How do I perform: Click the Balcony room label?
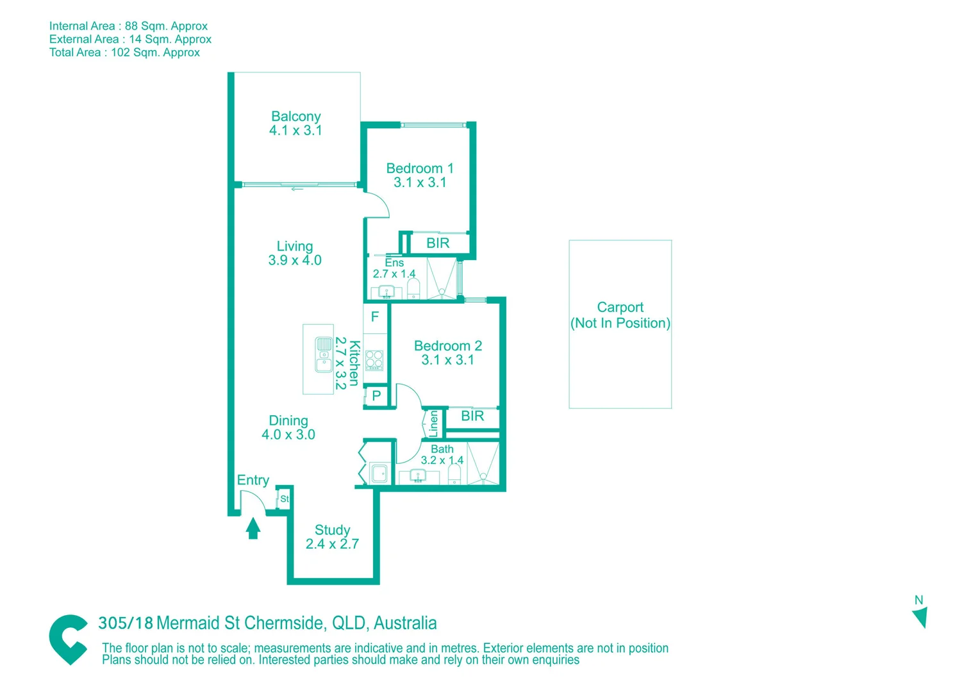coord(295,116)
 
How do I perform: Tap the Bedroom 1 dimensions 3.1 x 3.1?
coord(420,183)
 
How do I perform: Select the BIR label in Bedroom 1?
coord(438,243)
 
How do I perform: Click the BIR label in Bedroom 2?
coord(472,416)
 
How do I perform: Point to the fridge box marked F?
coord(375,317)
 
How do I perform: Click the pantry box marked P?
coord(376,396)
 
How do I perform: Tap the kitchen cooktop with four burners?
coord(374,361)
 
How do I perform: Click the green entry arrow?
coord(253,528)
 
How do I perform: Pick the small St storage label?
coord(284,499)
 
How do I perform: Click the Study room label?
coord(332,530)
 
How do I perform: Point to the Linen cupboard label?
coord(433,424)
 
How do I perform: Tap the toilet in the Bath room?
coord(454,475)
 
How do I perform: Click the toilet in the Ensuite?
coord(413,288)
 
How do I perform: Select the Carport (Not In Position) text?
coord(620,315)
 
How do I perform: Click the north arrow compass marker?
coord(920,617)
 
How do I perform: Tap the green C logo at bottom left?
coord(68,639)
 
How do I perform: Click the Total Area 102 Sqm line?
coord(124,53)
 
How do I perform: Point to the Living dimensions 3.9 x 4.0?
coord(295,261)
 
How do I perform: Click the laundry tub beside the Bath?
coord(379,474)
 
